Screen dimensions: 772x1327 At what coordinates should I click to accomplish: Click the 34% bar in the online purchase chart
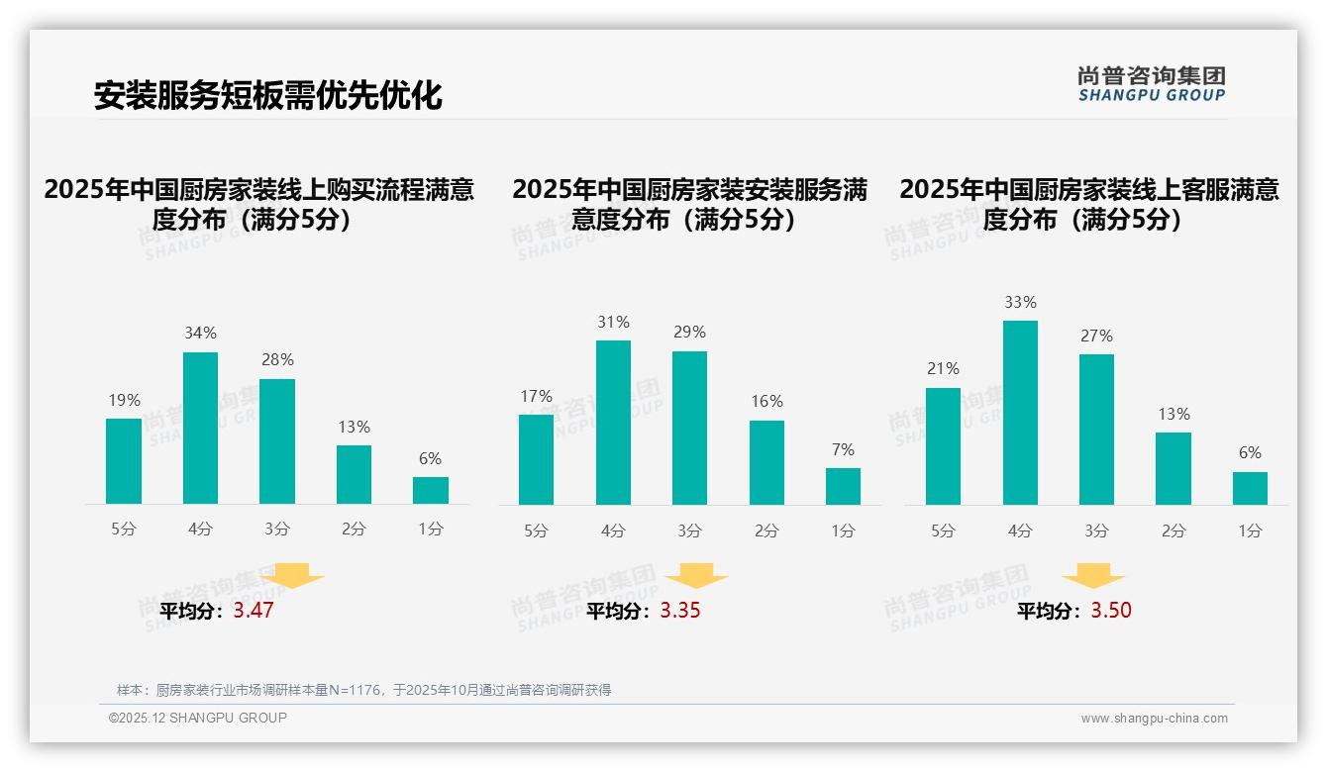[x=200, y=428]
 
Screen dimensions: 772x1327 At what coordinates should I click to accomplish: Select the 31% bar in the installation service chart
[x=613, y=423]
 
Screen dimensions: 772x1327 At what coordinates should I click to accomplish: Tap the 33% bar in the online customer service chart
[x=1020, y=413]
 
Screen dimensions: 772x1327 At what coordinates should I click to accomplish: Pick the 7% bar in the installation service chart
[x=843, y=486]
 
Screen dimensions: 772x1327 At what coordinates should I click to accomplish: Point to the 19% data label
[x=124, y=400]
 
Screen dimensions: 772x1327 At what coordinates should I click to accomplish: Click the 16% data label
[x=766, y=401]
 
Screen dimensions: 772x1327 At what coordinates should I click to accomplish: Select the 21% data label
[x=943, y=368]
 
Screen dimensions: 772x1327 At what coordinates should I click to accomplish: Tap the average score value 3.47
[x=254, y=611]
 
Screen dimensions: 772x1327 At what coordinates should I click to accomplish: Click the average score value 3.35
[x=680, y=611]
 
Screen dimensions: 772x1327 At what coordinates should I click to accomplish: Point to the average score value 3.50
[x=1111, y=611]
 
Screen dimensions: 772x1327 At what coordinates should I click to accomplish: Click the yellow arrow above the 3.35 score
[x=696, y=576]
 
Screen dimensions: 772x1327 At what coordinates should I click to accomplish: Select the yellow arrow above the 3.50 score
[x=1093, y=576]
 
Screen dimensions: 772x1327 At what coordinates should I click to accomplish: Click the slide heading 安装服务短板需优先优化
[x=267, y=95]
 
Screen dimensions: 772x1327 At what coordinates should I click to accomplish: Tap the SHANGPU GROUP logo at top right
[x=1151, y=84]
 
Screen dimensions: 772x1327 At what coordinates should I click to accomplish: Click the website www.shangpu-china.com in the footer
[x=1154, y=719]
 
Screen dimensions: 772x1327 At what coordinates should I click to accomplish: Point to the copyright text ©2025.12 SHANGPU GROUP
[x=198, y=718]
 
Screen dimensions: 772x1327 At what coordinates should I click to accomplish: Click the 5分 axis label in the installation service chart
[x=536, y=531]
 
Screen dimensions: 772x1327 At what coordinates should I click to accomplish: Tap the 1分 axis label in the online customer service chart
[x=1250, y=531]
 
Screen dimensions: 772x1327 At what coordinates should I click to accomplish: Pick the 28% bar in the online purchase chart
[x=277, y=441]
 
